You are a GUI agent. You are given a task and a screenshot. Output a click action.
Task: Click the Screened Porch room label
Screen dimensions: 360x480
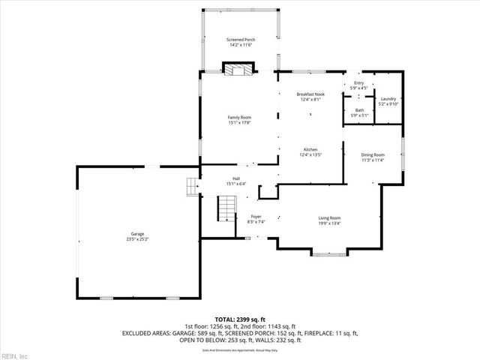click(240, 39)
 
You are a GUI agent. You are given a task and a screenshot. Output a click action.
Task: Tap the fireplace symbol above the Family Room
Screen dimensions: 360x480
click(239, 70)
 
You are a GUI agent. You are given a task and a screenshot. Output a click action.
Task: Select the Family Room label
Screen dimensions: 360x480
click(240, 117)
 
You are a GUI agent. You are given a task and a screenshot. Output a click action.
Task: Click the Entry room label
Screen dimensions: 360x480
click(358, 83)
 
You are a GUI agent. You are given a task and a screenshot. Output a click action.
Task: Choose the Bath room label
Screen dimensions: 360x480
click(359, 110)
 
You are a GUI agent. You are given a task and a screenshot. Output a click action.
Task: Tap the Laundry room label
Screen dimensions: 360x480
click(388, 99)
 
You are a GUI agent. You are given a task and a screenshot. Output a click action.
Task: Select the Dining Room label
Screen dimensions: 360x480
click(373, 154)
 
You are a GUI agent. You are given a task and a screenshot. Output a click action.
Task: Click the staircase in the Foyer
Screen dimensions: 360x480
click(226, 208)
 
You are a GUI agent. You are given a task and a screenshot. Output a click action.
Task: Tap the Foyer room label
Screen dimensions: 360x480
click(256, 216)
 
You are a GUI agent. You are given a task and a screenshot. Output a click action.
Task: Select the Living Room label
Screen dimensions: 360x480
click(330, 217)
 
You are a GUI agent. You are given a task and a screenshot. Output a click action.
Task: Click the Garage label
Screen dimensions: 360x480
click(138, 234)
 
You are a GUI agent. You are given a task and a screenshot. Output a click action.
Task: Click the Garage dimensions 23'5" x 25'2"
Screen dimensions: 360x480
click(138, 239)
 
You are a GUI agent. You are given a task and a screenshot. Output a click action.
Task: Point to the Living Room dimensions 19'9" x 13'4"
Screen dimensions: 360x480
click(330, 223)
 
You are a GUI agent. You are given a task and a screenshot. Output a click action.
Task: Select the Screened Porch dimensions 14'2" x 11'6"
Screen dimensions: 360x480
click(240, 44)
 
